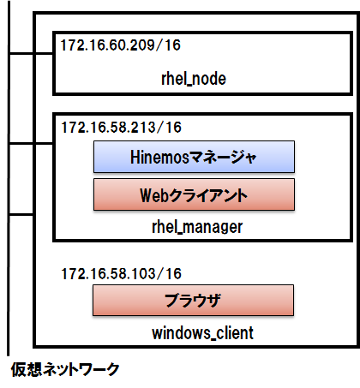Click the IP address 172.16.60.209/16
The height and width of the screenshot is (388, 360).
120,45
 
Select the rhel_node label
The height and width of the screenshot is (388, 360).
194,79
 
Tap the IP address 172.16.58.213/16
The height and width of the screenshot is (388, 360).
121,128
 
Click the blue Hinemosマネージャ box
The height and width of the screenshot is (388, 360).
194,157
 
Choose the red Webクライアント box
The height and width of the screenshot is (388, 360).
194,194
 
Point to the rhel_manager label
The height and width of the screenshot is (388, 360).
197,227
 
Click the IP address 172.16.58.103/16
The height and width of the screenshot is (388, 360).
121,273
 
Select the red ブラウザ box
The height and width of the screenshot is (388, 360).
193,300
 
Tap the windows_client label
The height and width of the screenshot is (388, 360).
202,333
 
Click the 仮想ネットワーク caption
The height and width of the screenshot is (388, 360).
65,369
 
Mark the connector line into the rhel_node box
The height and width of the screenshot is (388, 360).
31,53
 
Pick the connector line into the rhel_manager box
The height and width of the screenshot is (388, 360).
31,143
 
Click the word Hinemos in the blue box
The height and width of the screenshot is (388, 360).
159,157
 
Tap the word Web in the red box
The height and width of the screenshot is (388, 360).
154,195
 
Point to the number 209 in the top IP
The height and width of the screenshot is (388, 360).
142,45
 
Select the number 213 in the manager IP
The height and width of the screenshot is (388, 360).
143,128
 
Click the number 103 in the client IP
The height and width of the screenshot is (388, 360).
143,273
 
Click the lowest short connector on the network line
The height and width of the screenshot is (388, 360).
21,214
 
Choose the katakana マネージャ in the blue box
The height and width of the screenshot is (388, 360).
223,157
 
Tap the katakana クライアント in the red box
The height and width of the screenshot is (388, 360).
208,195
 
